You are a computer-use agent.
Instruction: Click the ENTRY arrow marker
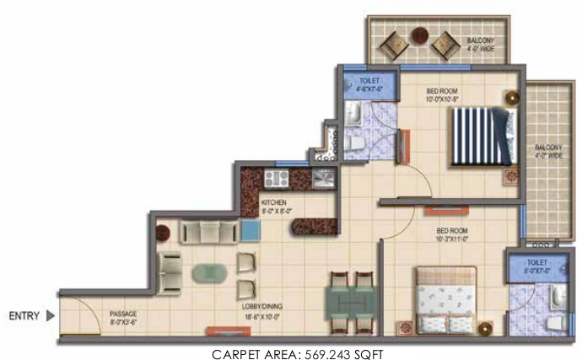tap(50, 316)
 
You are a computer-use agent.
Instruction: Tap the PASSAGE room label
tap(123, 318)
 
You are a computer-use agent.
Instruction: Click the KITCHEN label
tap(276, 207)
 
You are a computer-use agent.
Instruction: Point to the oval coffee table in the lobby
tap(208, 273)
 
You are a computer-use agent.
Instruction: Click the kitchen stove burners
tap(276, 178)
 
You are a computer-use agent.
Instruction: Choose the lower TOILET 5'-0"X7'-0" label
tap(533, 268)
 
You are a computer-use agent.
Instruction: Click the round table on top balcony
tap(419, 36)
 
